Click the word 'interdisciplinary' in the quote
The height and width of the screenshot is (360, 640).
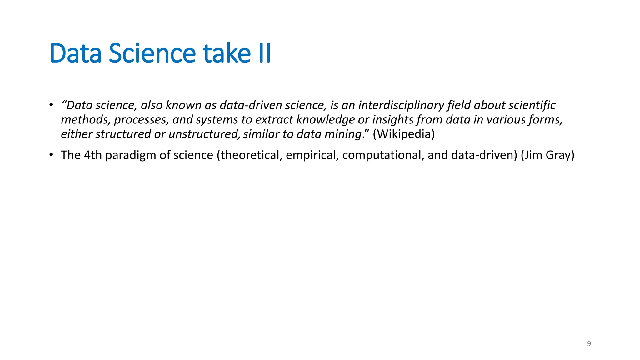401,105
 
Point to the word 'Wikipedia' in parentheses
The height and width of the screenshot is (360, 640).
404,134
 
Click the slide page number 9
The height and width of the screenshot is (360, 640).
589,344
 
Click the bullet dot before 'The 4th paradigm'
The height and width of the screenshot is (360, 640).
51,155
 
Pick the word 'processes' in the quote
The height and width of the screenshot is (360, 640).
141,120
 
